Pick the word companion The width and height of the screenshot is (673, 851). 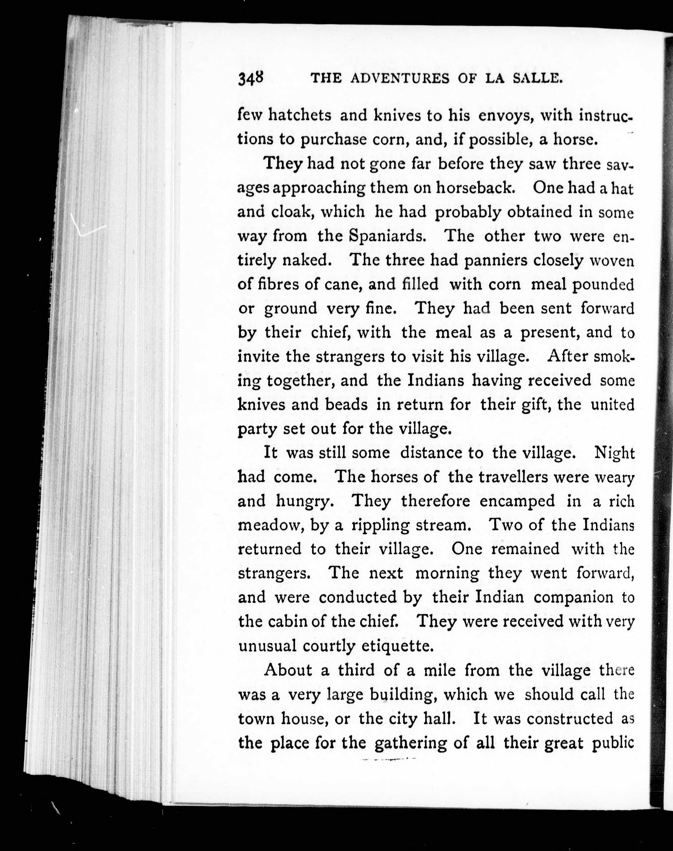coord(573,597)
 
